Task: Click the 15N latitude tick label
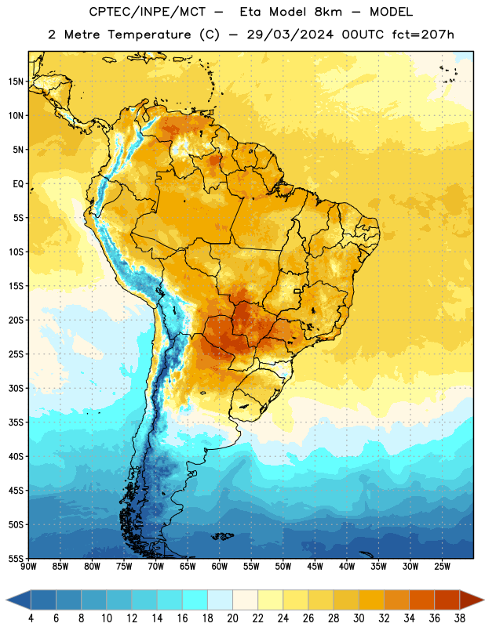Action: point(16,82)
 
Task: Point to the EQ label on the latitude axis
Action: point(18,184)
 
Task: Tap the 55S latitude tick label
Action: point(16,559)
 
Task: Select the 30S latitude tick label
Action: point(16,388)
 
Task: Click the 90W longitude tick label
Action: point(28,567)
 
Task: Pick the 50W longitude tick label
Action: point(283,567)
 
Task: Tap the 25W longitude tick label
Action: point(442,567)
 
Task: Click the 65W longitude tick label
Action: point(188,567)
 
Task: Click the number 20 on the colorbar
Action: point(232,618)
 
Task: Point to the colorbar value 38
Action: point(459,618)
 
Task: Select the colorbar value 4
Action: point(31,618)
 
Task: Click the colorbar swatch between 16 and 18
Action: point(195,600)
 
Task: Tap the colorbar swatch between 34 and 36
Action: point(421,600)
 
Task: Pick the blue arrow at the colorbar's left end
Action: point(19,600)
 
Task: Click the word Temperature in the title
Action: point(149,34)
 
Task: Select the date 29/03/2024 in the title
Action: point(290,34)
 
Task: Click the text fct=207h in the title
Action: point(423,34)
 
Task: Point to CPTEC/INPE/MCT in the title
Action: point(148,13)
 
